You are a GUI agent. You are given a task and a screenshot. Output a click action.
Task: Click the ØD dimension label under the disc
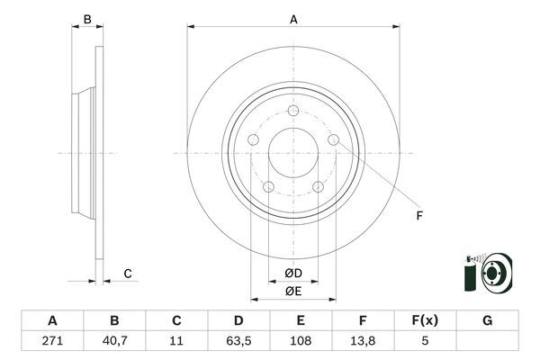click(x=293, y=274)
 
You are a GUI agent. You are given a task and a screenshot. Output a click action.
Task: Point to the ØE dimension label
click(x=293, y=292)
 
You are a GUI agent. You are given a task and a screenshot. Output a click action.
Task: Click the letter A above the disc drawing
click(x=293, y=18)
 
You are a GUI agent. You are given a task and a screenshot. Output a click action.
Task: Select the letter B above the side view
click(x=87, y=19)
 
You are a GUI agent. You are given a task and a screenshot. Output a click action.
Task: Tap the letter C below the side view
click(x=128, y=273)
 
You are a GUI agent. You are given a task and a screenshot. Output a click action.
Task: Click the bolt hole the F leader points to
click(x=333, y=140)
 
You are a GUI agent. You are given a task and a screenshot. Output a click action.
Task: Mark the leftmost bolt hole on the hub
click(x=254, y=140)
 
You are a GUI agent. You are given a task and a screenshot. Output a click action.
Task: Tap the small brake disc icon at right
click(x=493, y=273)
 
